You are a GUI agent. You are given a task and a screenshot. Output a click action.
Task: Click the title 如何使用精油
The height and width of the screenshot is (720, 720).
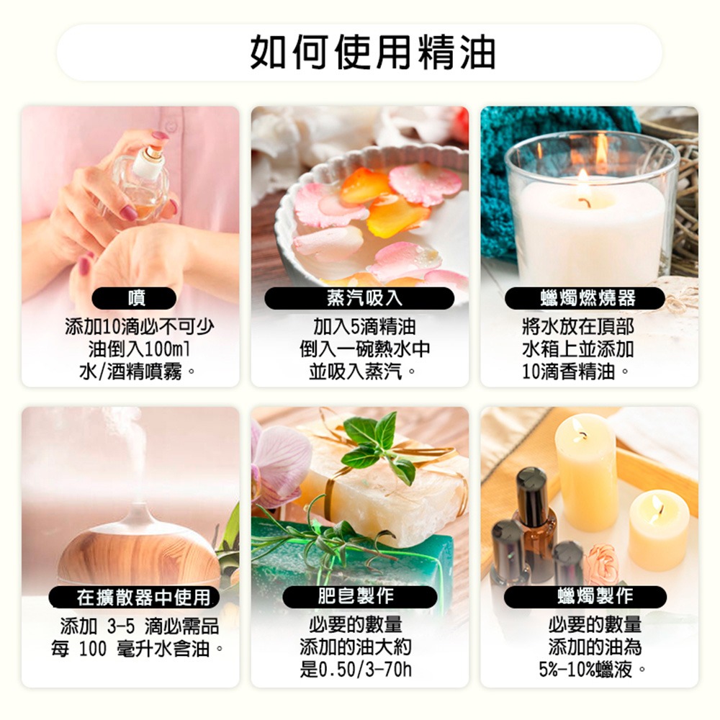tap(373, 52)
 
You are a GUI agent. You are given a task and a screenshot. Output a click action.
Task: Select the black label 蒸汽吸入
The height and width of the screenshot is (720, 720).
tap(359, 298)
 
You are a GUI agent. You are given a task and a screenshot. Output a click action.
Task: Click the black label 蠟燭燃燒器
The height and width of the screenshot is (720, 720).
tap(588, 298)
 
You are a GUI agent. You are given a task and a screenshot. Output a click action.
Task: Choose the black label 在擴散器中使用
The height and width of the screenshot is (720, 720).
tap(134, 597)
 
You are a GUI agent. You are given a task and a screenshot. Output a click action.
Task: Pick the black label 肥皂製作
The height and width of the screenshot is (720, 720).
tap(359, 597)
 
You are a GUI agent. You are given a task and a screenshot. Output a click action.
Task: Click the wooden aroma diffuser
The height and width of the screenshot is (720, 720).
tap(137, 547)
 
